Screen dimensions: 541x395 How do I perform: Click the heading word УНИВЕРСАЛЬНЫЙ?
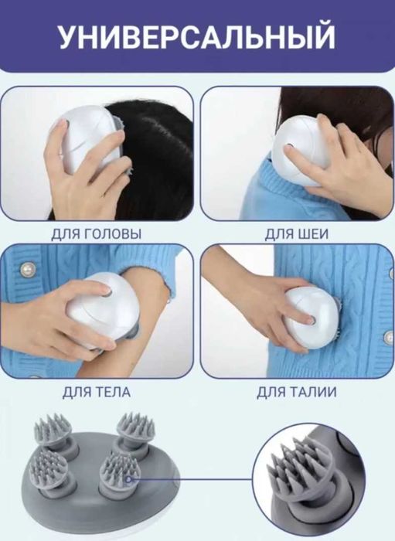(x=197, y=37)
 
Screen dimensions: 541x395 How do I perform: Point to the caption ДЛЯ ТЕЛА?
(x=96, y=392)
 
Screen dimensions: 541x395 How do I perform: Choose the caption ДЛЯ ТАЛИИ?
(x=297, y=392)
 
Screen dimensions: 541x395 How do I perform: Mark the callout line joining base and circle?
(x=193, y=479)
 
